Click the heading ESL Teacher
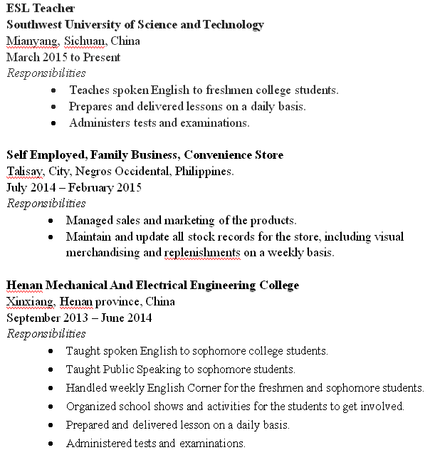click(x=40, y=9)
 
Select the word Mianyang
click(x=27, y=41)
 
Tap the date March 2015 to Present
click(x=63, y=57)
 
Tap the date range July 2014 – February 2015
click(x=74, y=187)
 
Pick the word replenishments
click(x=200, y=253)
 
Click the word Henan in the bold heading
click(x=25, y=286)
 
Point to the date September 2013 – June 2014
click(x=79, y=318)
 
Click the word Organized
click(x=93, y=407)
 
